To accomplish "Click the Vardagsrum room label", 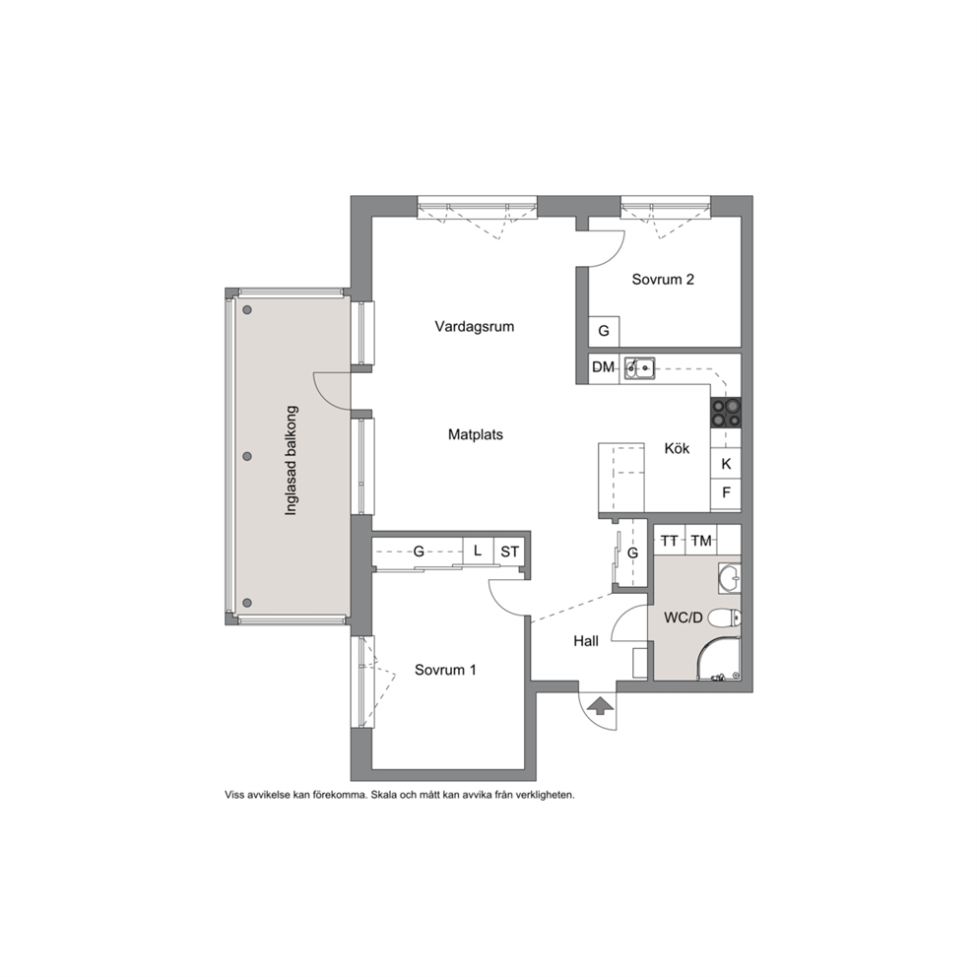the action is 474,327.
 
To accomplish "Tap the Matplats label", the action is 476,435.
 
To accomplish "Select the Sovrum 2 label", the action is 663,279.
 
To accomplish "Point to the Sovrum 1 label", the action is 445,670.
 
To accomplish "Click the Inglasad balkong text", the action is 291,461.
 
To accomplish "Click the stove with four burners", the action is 726,413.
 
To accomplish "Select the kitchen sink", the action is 640,368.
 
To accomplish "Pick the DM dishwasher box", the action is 603,367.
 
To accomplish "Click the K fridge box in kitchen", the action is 726,464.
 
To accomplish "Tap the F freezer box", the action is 726,492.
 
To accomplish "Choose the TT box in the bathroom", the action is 669,541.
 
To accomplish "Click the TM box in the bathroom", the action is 701,541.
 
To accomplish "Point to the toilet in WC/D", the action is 726,618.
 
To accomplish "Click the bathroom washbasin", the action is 730,577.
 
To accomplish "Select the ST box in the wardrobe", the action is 510,552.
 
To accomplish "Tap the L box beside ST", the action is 478,551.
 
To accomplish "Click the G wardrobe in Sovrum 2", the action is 604,331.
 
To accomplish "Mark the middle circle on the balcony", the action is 247,456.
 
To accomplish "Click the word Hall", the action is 586,641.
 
